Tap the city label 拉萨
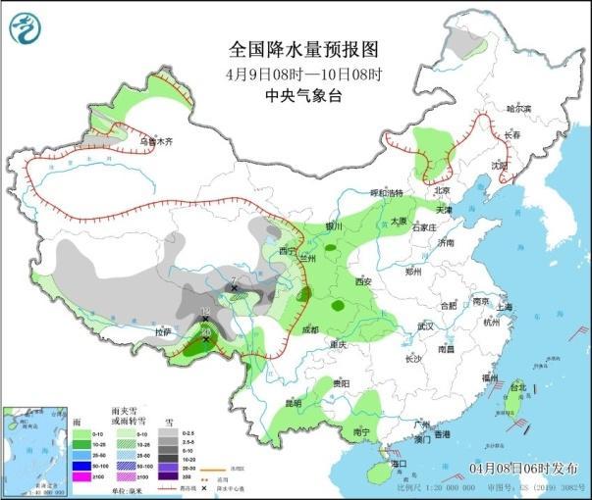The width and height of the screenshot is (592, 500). tap(163, 333)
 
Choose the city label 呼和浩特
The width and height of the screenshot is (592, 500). tap(386, 193)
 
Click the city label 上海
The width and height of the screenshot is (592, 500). tap(505, 307)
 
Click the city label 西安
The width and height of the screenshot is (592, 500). tap(364, 281)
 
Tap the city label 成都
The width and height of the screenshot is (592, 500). tap(311, 329)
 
